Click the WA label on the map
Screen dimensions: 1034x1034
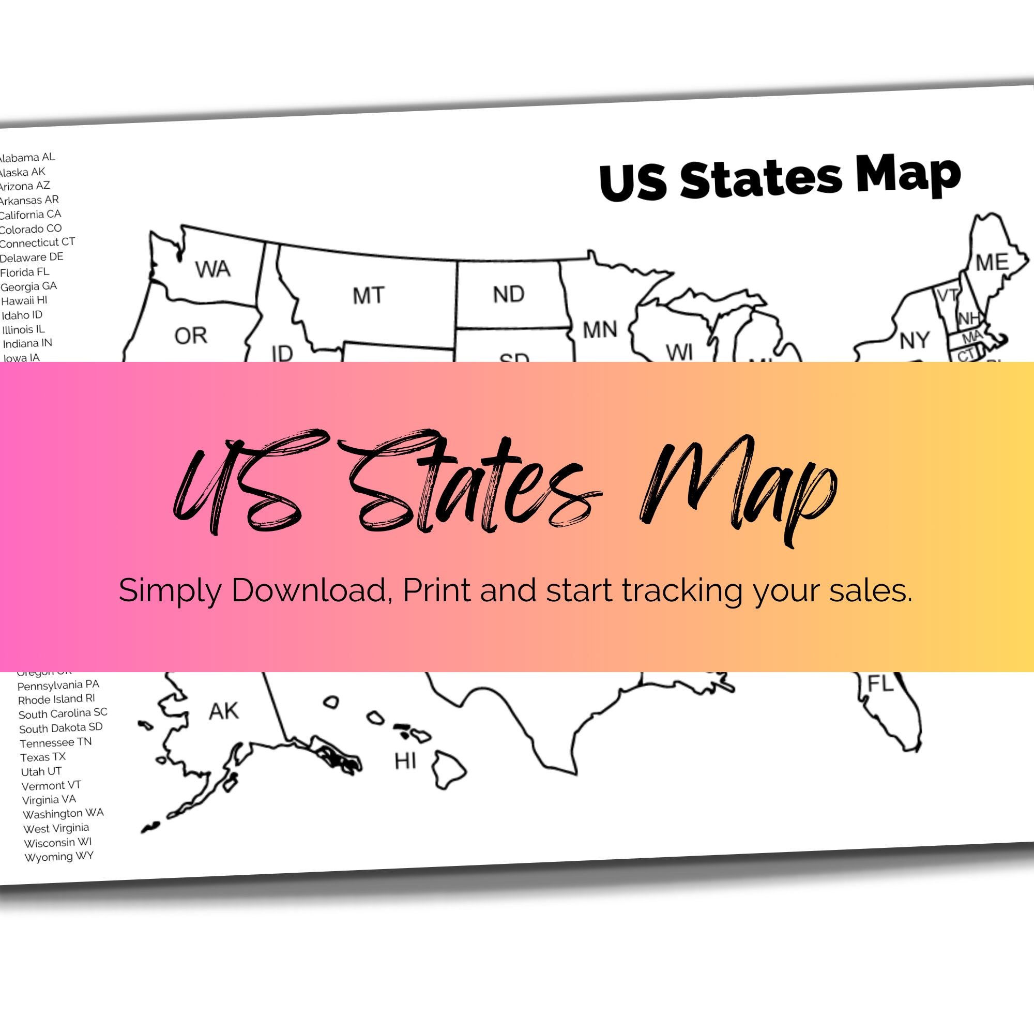click(x=212, y=269)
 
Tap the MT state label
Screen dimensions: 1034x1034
click(x=368, y=295)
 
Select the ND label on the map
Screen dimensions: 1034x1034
click(x=508, y=294)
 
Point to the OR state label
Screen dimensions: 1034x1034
click(x=191, y=336)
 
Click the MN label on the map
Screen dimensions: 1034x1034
click(x=600, y=330)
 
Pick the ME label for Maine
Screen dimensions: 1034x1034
click(x=992, y=262)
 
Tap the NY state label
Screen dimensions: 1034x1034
click(x=914, y=340)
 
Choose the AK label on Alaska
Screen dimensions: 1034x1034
click(x=223, y=711)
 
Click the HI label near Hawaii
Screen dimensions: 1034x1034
click(x=405, y=761)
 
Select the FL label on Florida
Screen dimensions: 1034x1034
click(x=880, y=684)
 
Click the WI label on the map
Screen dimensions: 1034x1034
click(x=679, y=352)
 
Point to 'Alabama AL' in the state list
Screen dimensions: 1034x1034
click(x=27, y=157)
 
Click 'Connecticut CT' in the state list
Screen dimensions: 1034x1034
click(x=37, y=242)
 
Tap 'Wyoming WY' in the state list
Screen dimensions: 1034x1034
click(x=59, y=856)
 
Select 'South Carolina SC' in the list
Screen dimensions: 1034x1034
click(x=63, y=713)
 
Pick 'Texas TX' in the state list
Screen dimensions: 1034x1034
click(x=43, y=757)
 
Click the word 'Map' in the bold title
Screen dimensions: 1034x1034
click(x=908, y=174)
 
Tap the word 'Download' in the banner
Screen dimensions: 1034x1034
click(x=309, y=590)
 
